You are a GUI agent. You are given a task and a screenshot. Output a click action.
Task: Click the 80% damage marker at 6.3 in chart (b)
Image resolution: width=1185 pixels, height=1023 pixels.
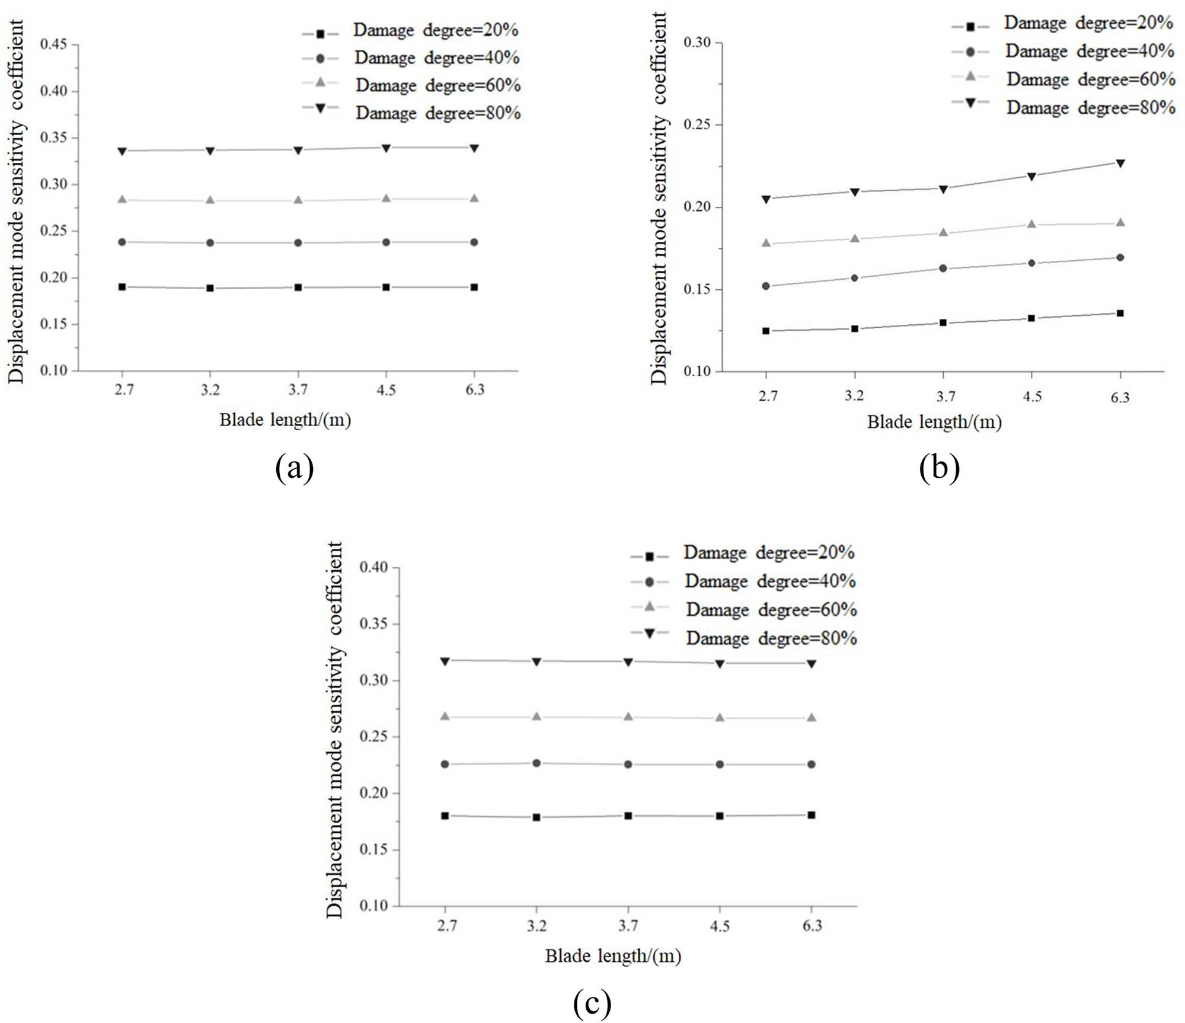pyautogui.click(x=1120, y=163)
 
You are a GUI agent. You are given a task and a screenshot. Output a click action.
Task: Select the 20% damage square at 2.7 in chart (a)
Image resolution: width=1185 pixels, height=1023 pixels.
pyautogui.click(x=122, y=287)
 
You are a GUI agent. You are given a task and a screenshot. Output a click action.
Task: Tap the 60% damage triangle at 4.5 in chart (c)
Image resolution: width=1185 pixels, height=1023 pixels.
pyautogui.click(x=720, y=717)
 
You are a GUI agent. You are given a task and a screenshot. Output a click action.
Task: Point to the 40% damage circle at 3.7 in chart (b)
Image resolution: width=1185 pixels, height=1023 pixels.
pyautogui.click(x=943, y=268)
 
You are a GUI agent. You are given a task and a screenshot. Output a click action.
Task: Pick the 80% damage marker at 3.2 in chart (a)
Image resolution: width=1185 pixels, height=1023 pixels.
pyautogui.click(x=210, y=151)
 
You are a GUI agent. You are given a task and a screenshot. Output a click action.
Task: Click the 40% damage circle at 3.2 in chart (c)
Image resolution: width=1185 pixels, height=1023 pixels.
pyautogui.click(x=536, y=763)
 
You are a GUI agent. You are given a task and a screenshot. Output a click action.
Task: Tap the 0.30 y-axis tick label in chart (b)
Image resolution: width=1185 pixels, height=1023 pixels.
pyautogui.click(x=697, y=43)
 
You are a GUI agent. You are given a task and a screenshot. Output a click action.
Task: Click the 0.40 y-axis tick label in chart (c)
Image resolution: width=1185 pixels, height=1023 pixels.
pyautogui.click(x=373, y=567)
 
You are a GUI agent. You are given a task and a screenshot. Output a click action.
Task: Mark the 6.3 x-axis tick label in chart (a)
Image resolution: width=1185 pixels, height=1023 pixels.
pyautogui.click(x=474, y=390)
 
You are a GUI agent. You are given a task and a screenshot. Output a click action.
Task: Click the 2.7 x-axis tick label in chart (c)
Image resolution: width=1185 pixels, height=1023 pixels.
pyautogui.click(x=446, y=925)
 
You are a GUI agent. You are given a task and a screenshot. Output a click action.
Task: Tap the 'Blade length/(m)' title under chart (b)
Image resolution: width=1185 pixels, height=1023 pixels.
pyautogui.click(x=934, y=422)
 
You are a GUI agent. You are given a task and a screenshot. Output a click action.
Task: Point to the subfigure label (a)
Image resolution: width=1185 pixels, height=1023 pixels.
pyautogui.click(x=295, y=468)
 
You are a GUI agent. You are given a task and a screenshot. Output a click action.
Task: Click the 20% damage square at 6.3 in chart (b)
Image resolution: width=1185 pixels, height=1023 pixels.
pyautogui.click(x=1120, y=313)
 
